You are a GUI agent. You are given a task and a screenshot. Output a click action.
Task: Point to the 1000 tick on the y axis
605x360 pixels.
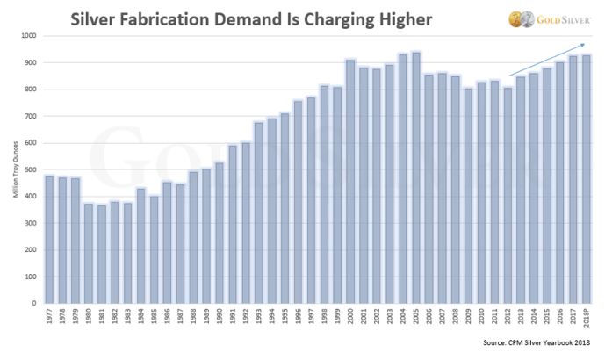30,36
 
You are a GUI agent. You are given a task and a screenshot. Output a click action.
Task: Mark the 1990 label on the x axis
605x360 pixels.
220,315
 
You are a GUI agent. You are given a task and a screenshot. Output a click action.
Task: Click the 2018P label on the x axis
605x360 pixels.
587,317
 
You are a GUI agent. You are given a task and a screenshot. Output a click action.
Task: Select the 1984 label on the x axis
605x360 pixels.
140,315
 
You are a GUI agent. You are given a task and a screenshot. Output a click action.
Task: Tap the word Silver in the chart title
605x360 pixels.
97,17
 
